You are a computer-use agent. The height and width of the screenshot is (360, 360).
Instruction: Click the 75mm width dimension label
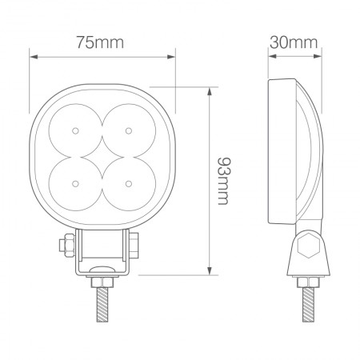pyautogui.click(x=102, y=42)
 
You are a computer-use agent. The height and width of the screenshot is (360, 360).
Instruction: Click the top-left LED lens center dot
pyautogui.click(x=74, y=130)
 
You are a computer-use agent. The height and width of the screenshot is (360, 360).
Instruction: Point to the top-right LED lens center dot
pyautogui.click(x=128, y=130)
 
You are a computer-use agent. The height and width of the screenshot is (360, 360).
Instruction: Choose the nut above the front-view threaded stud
pyautogui.click(x=102, y=282)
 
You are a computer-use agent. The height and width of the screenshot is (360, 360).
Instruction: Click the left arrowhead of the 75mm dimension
pyautogui.click(x=33, y=56)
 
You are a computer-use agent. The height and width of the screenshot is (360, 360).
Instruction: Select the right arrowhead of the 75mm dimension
pyautogui.click(x=171, y=56)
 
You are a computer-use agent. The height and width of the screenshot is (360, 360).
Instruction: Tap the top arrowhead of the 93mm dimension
pyautogui.click(x=210, y=88)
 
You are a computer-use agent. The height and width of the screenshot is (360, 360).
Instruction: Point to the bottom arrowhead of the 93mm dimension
pyautogui.click(x=210, y=272)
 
